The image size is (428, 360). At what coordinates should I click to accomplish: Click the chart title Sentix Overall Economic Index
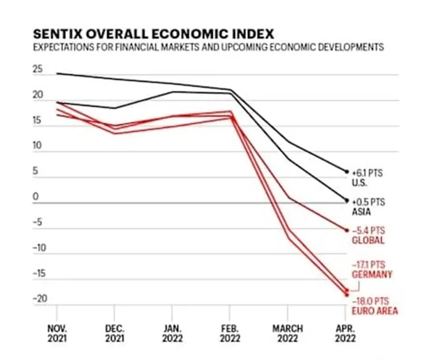154,34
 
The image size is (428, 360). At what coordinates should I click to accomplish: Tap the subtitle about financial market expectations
208,47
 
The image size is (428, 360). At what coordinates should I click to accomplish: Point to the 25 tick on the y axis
38,69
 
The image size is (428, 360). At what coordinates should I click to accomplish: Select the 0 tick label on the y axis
36,197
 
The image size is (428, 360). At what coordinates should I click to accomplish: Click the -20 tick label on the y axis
40,299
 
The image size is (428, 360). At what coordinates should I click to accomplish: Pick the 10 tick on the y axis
38,145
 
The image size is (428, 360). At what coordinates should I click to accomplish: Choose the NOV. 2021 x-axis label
57,333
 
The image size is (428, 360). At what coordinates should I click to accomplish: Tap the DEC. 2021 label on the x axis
115,333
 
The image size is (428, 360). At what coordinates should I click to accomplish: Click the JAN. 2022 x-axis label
172,333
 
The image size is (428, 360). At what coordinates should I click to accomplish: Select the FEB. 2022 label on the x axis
230,333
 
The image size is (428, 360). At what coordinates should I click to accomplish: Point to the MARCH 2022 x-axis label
288,333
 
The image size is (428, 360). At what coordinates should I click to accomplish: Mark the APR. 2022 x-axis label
345,333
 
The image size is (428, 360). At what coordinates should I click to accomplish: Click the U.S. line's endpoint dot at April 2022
347,172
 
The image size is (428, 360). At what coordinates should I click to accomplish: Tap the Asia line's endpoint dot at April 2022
347,200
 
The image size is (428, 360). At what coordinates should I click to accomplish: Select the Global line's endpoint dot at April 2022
347,231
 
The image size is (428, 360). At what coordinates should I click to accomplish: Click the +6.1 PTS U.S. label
367,178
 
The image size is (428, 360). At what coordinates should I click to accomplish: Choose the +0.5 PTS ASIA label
368,207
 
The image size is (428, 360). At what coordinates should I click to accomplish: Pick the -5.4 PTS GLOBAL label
368,235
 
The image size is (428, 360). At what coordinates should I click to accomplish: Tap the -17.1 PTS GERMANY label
372,269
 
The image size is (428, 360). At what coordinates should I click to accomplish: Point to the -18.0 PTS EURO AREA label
375,306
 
